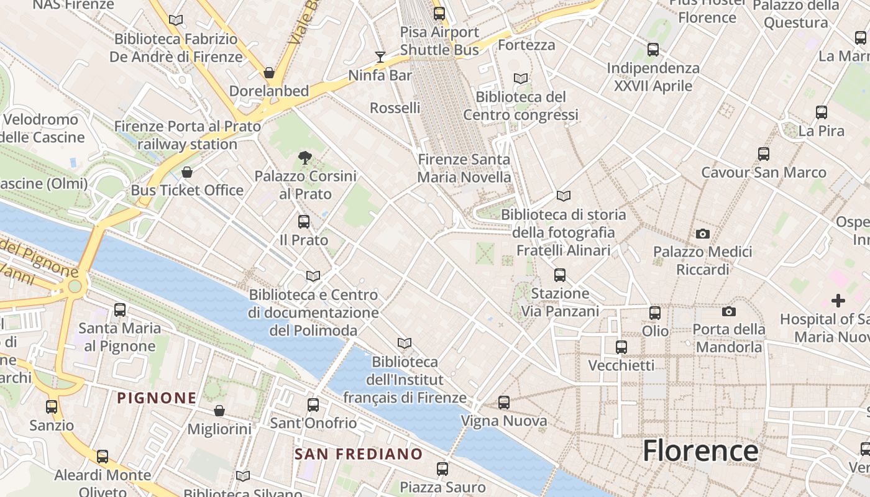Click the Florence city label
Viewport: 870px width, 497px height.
(700, 450)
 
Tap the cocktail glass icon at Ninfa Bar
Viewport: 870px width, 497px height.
(380, 57)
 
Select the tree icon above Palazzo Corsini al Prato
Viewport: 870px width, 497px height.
(304, 158)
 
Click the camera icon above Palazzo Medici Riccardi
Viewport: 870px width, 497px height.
(703, 234)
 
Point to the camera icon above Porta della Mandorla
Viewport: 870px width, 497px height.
(729, 311)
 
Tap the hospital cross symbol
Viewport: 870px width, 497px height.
(838, 301)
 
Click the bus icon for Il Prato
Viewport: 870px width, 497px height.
(304, 221)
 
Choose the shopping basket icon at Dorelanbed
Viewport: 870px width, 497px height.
(269, 73)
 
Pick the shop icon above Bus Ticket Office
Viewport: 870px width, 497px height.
(187, 172)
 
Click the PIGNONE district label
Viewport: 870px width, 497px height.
(157, 398)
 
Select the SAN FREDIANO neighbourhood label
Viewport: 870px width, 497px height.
(359, 454)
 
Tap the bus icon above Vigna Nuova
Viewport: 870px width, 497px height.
(504, 403)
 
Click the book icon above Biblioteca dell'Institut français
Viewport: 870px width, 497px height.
(405, 343)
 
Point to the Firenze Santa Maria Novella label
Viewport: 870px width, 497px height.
(464, 168)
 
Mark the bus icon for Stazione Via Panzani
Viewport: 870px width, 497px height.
(560, 275)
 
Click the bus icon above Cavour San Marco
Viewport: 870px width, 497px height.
(764, 153)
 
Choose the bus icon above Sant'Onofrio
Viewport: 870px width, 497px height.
(313, 405)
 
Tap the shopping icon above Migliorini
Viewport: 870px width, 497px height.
(219, 411)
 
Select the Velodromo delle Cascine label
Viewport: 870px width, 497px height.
(42, 128)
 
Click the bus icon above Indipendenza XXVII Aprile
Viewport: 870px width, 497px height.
(653, 49)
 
